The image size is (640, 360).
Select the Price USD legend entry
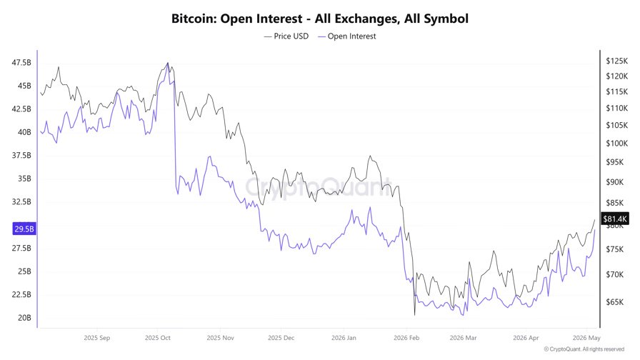coord(286,36)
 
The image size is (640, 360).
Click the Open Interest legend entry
coord(347,36)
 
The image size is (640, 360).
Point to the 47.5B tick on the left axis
coord(21,62)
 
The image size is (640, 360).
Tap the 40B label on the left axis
coord(24,132)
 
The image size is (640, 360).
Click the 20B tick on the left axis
coord(24,318)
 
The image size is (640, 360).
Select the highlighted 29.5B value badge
coord(24,229)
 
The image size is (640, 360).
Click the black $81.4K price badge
coord(615,219)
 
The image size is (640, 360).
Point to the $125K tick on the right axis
coord(616,61)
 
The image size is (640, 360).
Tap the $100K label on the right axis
coord(616,144)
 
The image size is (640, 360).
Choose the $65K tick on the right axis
coord(615,302)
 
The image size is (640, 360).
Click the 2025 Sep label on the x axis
coord(96,338)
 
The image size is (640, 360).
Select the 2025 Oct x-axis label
coord(158,338)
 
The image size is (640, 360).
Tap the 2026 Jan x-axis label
coord(344,338)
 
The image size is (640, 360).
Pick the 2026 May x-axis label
coord(586,338)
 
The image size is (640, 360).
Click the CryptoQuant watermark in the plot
coord(319,187)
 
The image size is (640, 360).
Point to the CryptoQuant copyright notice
coord(584,349)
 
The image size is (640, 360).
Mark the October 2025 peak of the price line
coord(168,63)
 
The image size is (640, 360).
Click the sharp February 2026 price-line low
coord(415,315)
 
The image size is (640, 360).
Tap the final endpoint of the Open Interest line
coord(595,230)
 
